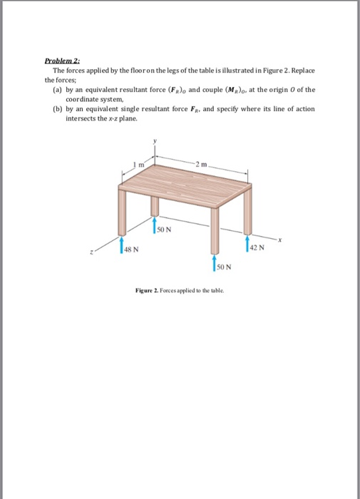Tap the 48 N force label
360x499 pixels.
click(130, 249)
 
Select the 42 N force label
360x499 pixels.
click(258, 247)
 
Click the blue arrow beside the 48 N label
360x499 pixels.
click(121, 247)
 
